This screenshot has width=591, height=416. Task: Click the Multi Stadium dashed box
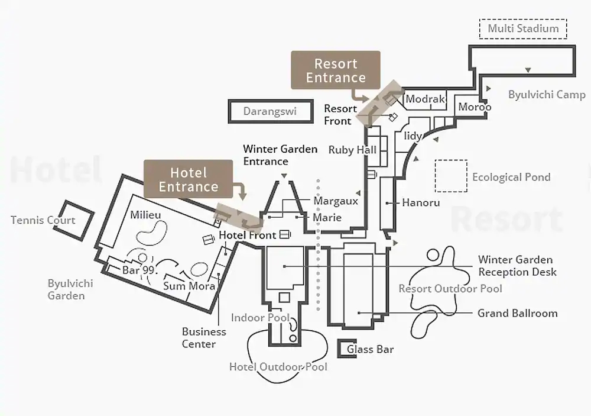pyautogui.click(x=522, y=28)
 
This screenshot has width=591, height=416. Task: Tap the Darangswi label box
pyautogui.click(x=270, y=111)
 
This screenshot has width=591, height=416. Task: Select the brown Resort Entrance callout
pyautogui.click(x=335, y=70)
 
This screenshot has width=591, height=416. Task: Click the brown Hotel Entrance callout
pyautogui.click(x=188, y=179)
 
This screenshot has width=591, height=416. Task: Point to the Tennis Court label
pyautogui.click(x=43, y=220)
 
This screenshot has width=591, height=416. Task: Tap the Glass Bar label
pyautogui.click(x=370, y=349)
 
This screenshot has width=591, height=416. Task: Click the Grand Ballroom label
pyautogui.click(x=517, y=313)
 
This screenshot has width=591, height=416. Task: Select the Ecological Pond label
pyautogui.click(x=511, y=177)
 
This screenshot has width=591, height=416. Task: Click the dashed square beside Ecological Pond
pyautogui.click(x=450, y=175)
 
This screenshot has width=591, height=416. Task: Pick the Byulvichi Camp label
pyautogui.click(x=547, y=95)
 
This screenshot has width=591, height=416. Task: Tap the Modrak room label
pyautogui.click(x=425, y=99)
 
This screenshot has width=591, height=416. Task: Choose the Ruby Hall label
pyautogui.click(x=352, y=150)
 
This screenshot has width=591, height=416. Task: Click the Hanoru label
pyautogui.click(x=421, y=202)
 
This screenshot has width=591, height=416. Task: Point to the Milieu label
pyautogui.click(x=145, y=214)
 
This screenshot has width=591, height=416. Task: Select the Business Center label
pyautogui.click(x=203, y=338)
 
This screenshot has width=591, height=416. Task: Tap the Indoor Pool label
pyautogui.click(x=260, y=318)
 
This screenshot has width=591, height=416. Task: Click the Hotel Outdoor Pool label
pyautogui.click(x=278, y=367)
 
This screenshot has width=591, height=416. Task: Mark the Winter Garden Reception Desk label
pyautogui.click(x=517, y=266)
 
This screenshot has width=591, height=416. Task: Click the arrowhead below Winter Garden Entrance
pyautogui.click(x=284, y=175)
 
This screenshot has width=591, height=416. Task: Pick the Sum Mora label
pyautogui.click(x=189, y=286)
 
